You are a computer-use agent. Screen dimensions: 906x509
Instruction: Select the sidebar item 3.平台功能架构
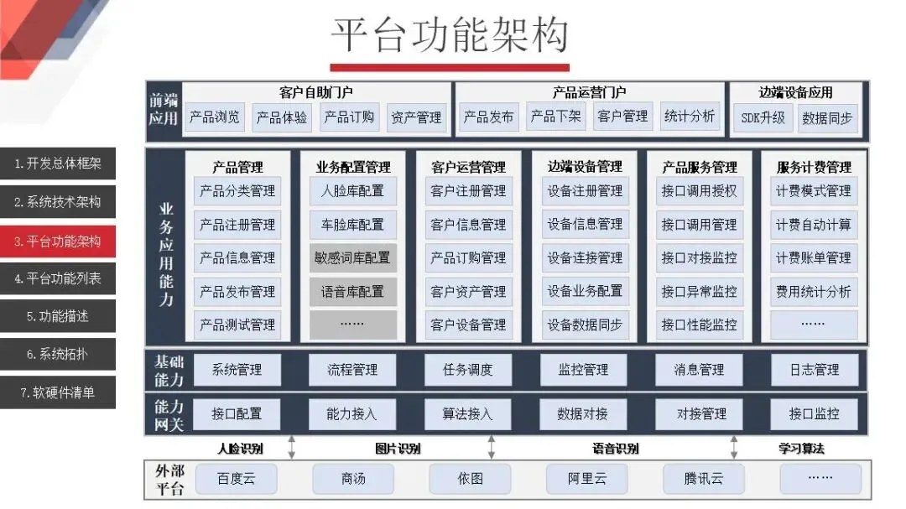pyautogui.click(x=58, y=241)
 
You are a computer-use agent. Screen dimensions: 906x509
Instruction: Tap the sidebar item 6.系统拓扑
pyautogui.click(x=58, y=354)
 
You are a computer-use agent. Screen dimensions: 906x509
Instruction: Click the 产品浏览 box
pyautogui.click(x=215, y=117)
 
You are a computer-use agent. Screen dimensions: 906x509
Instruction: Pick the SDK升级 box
pyautogui.click(x=763, y=118)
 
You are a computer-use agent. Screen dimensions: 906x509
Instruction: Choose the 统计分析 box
pyautogui.click(x=690, y=117)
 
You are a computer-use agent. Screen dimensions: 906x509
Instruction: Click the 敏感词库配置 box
pyautogui.click(x=352, y=258)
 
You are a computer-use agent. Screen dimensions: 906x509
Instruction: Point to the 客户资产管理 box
pyautogui.click(x=468, y=292)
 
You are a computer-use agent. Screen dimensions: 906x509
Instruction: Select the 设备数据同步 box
pyautogui.click(x=585, y=325)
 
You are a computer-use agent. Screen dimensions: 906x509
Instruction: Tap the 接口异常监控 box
pyautogui.click(x=699, y=292)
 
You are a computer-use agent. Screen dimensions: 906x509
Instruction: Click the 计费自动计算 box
pyautogui.click(x=813, y=225)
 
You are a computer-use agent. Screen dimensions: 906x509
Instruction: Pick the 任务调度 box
pyautogui.click(x=468, y=369)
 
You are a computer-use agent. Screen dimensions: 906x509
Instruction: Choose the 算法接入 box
pyautogui.click(x=468, y=413)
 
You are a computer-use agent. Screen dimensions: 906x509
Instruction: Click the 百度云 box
pyautogui.click(x=236, y=479)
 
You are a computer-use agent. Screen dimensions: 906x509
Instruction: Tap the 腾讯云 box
pyautogui.click(x=703, y=479)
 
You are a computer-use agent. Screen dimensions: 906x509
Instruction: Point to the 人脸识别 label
pyautogui.click(x=240, y=449)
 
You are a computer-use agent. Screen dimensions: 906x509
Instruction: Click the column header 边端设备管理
pyautogui.click(x=585, y=167)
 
